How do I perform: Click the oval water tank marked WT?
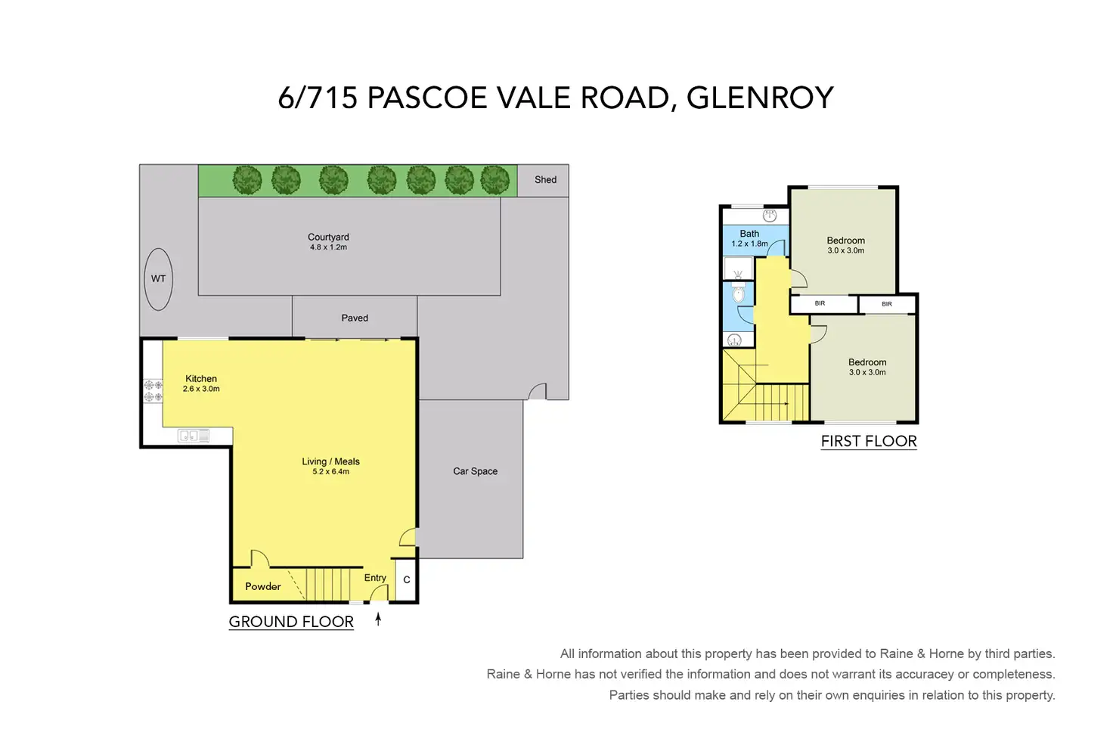[159, 279]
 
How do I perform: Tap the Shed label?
[545, 180]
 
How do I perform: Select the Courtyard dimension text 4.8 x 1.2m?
[328, 247]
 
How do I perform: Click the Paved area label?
[355, 318]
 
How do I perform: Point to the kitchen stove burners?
[153, 390]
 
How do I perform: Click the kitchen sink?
[194, 436]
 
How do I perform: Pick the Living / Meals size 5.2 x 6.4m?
[331, 472]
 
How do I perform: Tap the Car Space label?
[475, 471]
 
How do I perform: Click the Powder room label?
[263, 586]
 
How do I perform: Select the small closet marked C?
[407, 579]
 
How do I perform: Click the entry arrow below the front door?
[378, 619]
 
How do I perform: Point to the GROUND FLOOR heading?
[291, 622]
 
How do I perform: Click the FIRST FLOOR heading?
[869, 441]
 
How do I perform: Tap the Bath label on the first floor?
[749, 234]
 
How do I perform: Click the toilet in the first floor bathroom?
[739, 293]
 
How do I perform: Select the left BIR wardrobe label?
[820, 303]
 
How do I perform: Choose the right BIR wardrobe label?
[887, 303]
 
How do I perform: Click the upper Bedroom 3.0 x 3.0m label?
[845, 246]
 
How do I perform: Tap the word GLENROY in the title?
[760, 98]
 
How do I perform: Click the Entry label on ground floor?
[375, 578]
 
